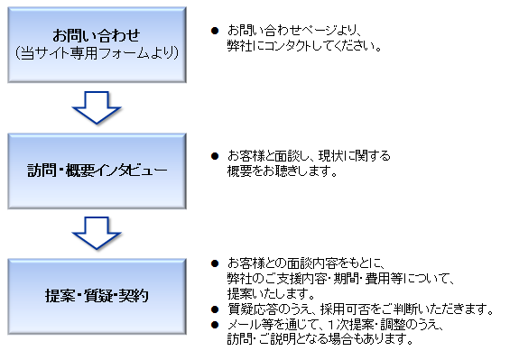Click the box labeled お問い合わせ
(x=97, y=43)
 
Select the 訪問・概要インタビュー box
(x=97, y=169)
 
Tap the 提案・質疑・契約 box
(x=97, y=295)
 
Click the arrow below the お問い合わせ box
(x=97, y=106)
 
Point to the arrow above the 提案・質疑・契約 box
(x=97, y=232)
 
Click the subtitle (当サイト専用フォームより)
(x=97, y=53)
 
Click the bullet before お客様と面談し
(x=214, y=155)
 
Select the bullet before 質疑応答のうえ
(x=214, y=310)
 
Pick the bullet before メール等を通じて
(x=214, y=325)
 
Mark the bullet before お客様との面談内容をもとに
(x=214, y=264)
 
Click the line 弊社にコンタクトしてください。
(x=299, y=45)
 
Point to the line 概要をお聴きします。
(x=276, y=171)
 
